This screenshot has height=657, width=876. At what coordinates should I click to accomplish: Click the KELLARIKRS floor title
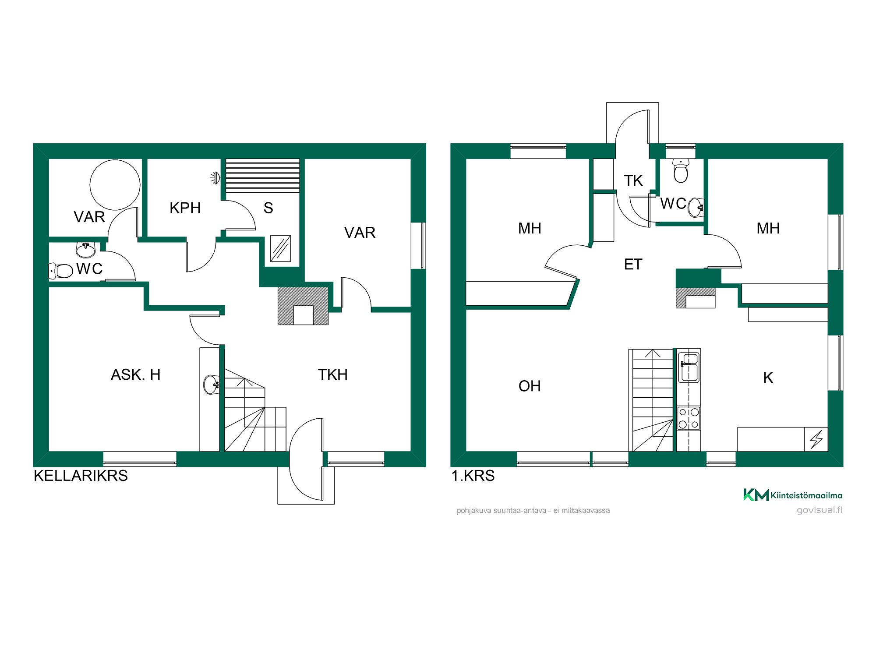(x=81, y=476)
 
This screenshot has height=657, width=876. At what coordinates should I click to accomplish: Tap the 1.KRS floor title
(x=473, y=476)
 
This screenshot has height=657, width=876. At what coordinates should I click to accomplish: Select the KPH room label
(x=185, y=208)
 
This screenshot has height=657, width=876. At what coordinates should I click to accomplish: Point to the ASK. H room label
(x=136, y=374)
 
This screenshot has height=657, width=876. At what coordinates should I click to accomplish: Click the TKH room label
(x=333, y=374)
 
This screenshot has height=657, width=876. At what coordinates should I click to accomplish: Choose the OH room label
(x=530, y=386)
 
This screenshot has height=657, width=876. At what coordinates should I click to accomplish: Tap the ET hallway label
(x=633, y=264)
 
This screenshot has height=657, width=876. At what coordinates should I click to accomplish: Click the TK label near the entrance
(x=633, y=180)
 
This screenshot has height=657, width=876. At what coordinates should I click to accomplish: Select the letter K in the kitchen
(x=768, y=378)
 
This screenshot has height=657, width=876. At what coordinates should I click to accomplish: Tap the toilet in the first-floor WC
(x=681, y=171)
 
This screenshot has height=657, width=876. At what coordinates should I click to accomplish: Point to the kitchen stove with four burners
(x=689, y=418)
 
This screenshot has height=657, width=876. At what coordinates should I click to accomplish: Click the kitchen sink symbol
(x=689, y=367)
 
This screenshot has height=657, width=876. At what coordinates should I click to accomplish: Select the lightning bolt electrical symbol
(x=816, y=439)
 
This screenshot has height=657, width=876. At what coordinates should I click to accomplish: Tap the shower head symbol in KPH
(x=215, y=178)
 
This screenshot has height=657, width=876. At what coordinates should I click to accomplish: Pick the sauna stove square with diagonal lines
(x=280, y=248)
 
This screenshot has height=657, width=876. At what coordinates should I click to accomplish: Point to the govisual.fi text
(x=819, y=510)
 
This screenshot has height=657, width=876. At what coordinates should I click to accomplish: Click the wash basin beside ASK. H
(x=211, y=385)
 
